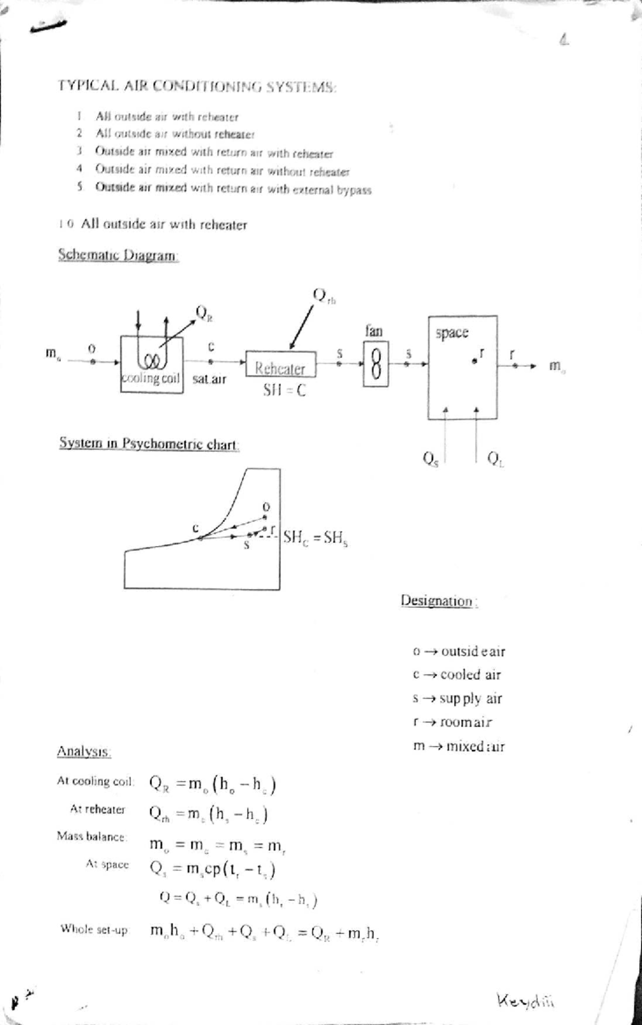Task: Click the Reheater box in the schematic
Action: (x=280, y=365)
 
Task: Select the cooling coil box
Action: (x=151, y=365)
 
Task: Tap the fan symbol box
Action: (x=376, y=365)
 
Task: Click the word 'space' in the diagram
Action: (x=452, y=333)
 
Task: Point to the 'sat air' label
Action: (x=209, y=379)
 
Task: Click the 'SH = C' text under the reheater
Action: (x=285, y=391)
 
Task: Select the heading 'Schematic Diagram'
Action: (x=118, y=255)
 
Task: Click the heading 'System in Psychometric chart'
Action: (x=149, y=444)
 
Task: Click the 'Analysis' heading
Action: (x=84, y=752)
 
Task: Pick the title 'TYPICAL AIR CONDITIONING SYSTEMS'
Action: (x=197, y=86)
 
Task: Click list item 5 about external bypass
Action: (x=233, y=189)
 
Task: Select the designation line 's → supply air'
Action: (x=457, y=699)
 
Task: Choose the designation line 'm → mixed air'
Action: (x=458, y=746)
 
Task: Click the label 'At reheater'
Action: (x=97, y=809)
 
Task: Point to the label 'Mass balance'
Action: (x=91, y=836)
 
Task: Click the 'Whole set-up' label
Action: (x=94, y=929)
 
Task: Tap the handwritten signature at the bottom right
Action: (x=525, y=999)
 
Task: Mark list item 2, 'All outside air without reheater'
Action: (x=174, y=134)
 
